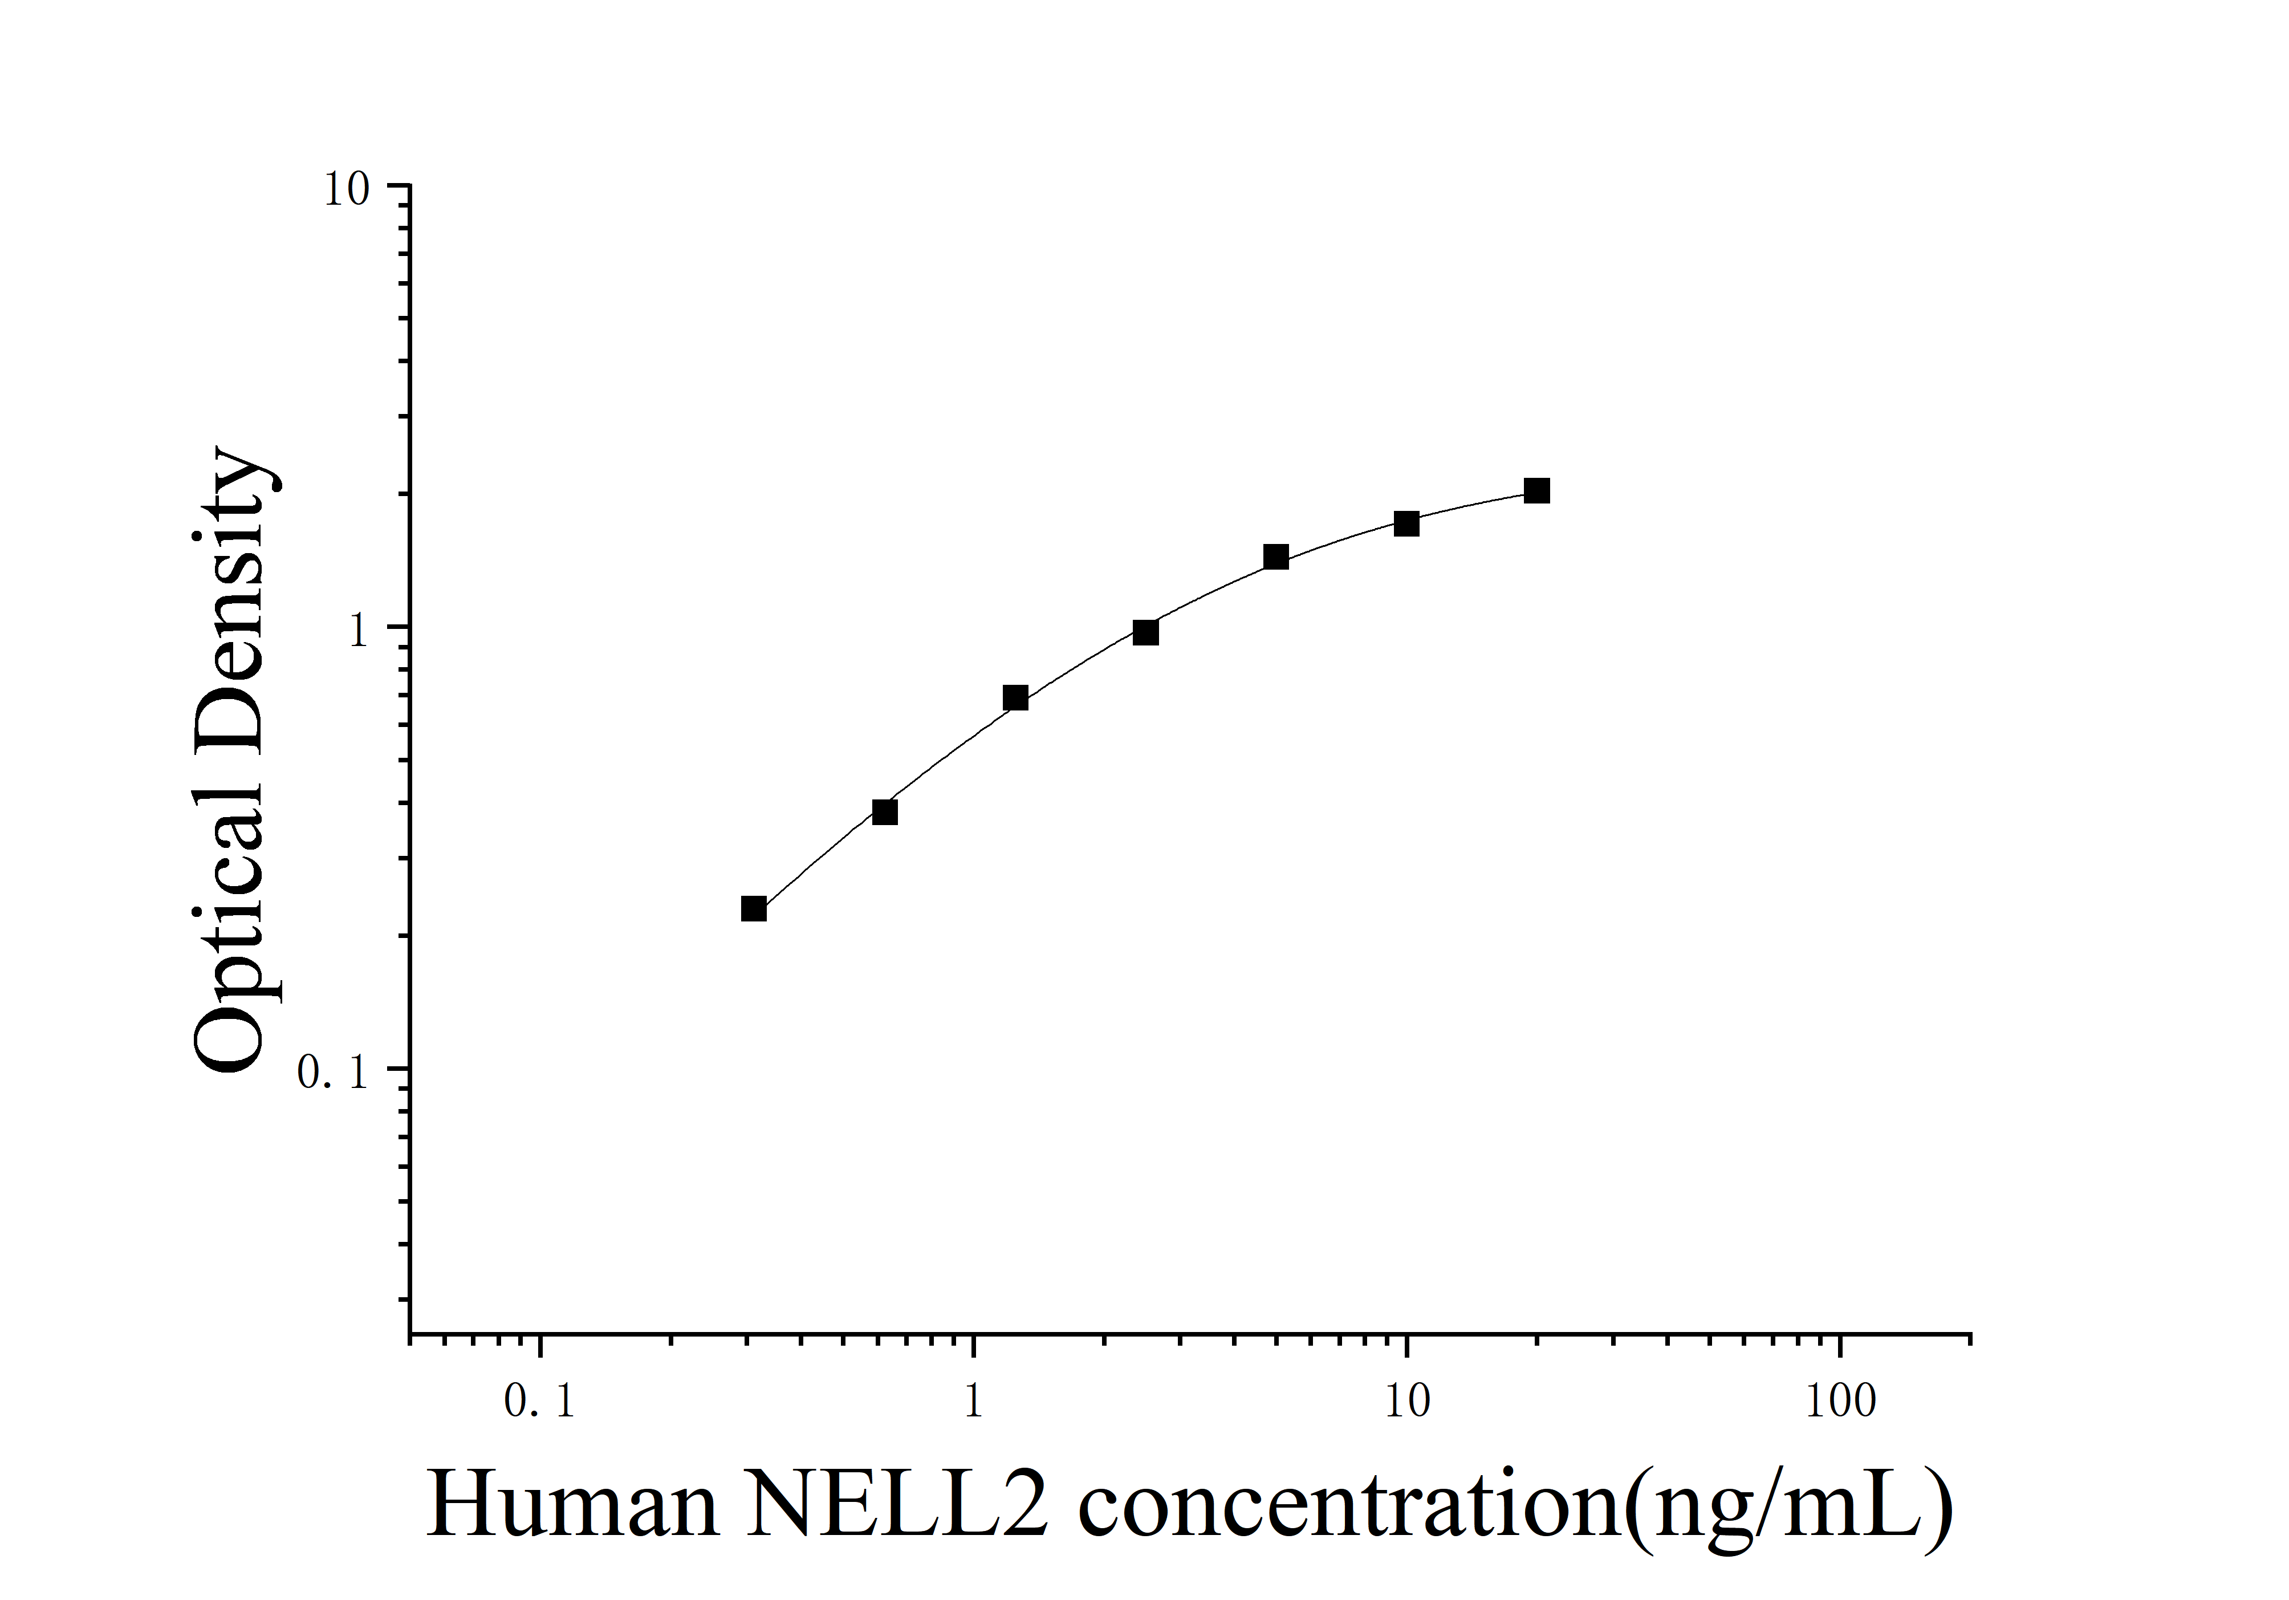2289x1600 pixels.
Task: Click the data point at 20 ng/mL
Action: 1536,490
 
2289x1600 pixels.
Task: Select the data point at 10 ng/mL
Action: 1406,523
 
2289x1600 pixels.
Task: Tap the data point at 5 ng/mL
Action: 1276,557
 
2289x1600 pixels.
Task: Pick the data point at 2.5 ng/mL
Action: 1145,632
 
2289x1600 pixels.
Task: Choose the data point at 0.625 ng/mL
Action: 884,811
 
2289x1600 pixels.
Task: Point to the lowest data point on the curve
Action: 754,908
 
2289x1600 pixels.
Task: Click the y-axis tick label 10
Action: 345,189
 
